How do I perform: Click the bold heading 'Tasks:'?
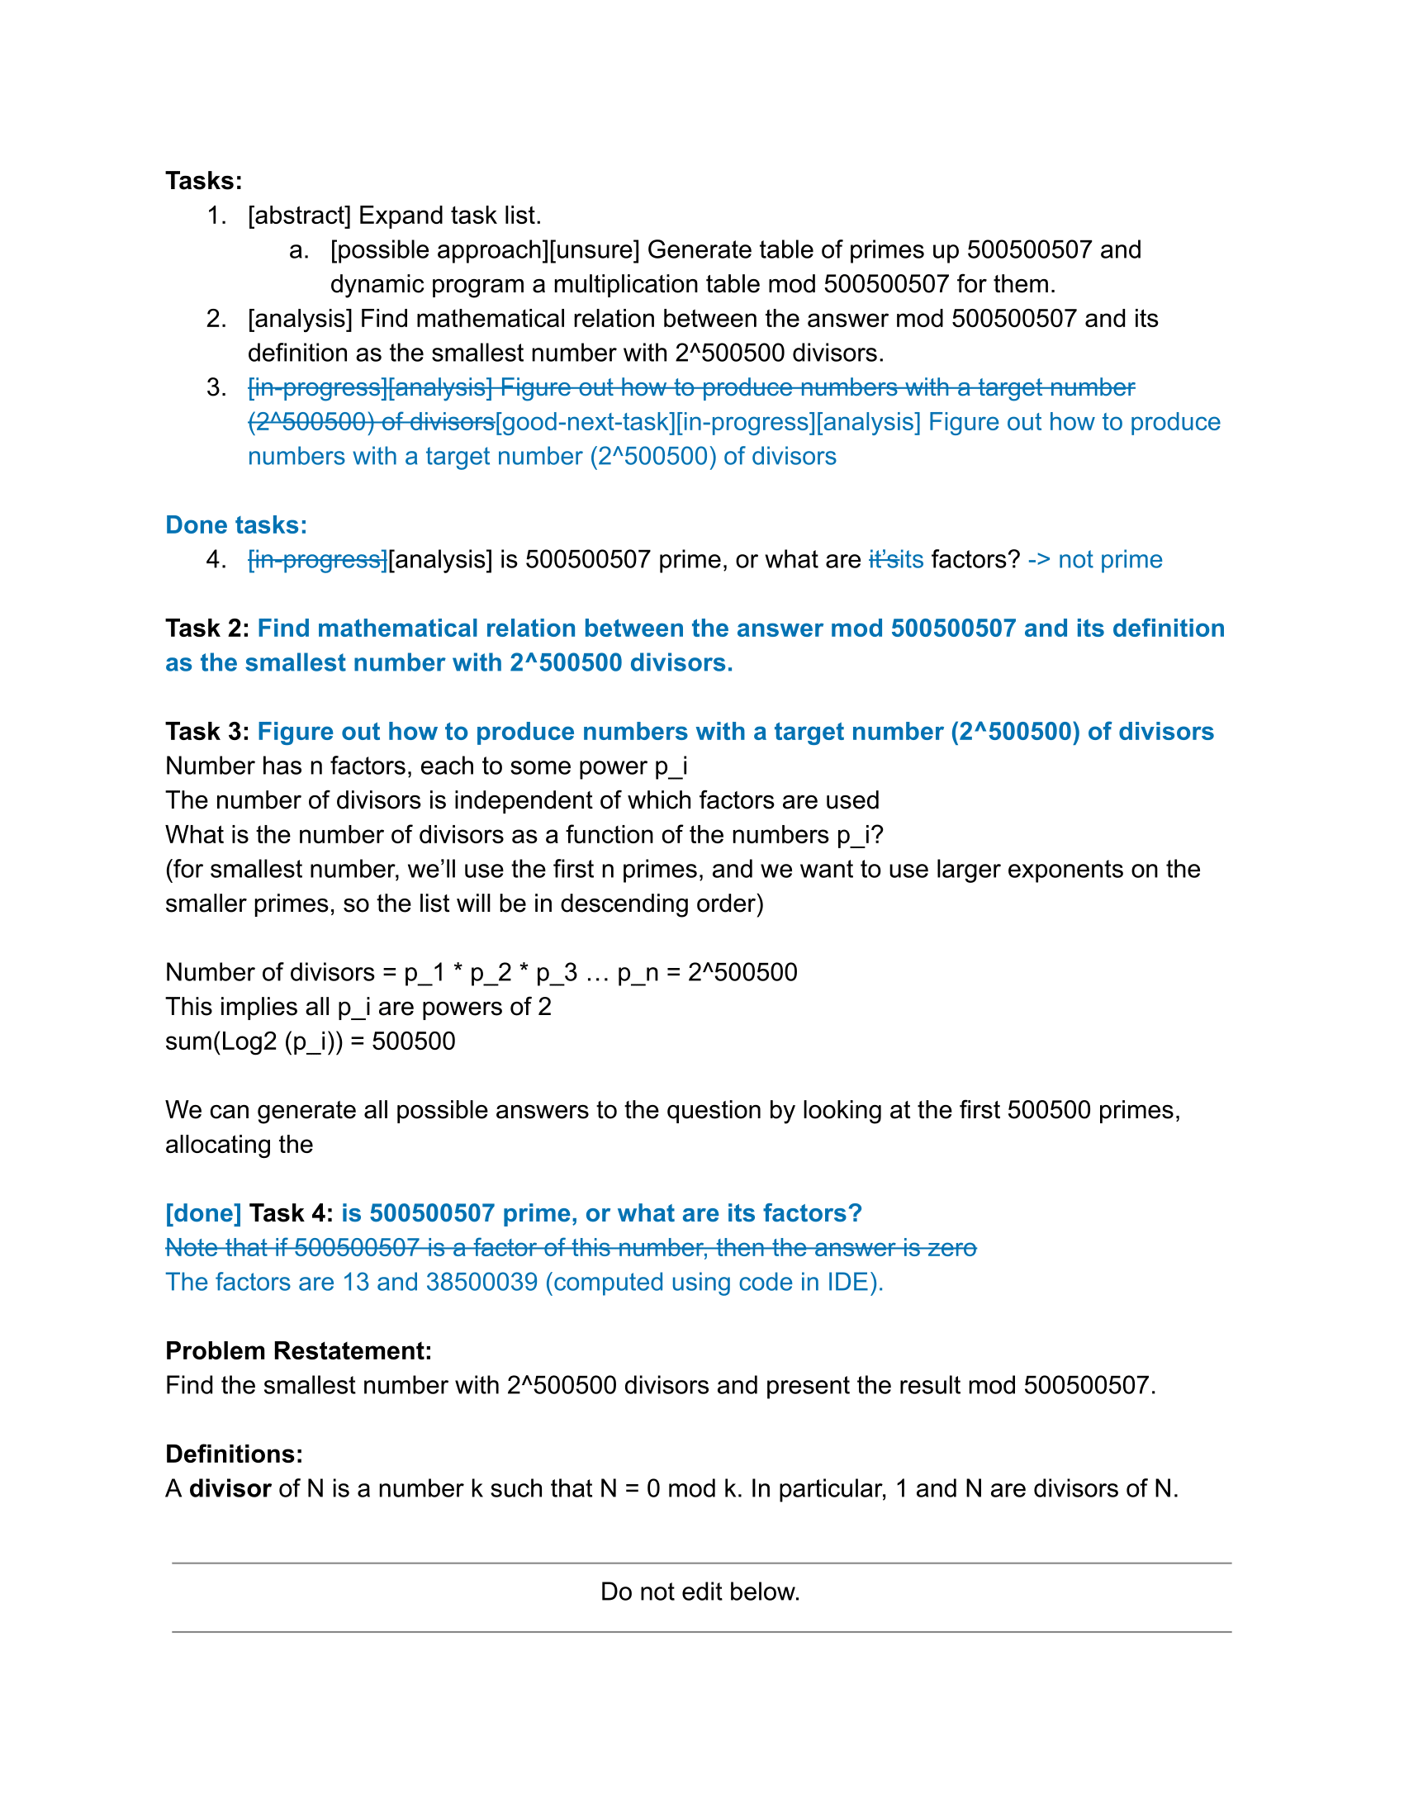[204, 181]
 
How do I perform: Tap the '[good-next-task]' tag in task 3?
[585, 422]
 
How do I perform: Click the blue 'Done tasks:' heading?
[236, 525]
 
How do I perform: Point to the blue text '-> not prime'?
[1094, 559]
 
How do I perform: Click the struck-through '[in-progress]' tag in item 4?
[318, 559]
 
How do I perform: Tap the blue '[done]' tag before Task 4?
[204, 1213]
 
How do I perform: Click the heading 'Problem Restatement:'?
[299, 1350]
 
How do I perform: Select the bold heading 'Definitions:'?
[235, 1454]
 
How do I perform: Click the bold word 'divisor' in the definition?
[230, 1488]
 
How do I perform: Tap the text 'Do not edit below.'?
[700, 1592]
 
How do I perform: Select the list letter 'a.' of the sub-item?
[300, 249]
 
